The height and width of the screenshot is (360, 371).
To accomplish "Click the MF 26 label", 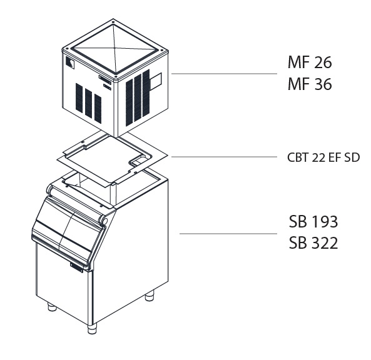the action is (310, 62).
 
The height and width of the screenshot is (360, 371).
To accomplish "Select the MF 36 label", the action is (310, 84).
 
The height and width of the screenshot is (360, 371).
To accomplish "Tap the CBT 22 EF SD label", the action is (323, 157).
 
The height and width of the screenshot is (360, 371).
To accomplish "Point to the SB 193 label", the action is (313, 221).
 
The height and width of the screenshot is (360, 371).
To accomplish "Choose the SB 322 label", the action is (313, 242).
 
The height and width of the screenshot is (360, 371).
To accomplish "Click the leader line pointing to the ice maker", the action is (224, 74).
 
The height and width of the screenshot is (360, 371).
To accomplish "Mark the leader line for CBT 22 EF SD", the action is (224, 157).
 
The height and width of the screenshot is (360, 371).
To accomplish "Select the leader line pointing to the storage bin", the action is (228, 234).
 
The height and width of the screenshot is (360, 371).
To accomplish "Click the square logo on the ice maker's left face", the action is (70, 63).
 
